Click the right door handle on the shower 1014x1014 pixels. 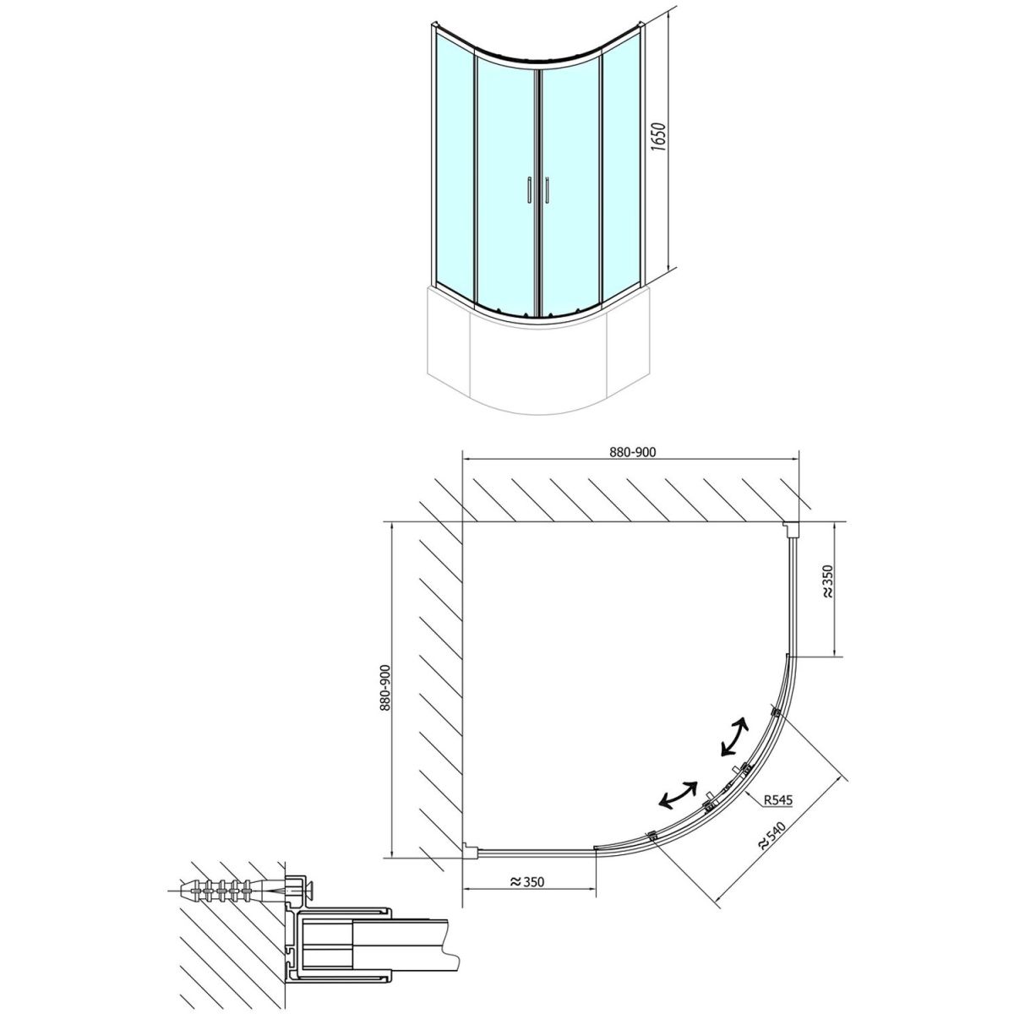(x=548, y=189)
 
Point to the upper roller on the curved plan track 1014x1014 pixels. (x=775, y=712)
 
